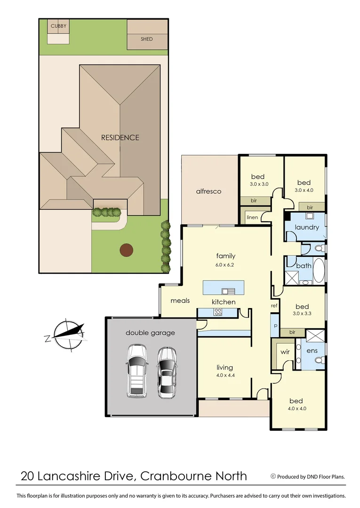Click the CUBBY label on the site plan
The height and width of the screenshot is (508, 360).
[59, 26]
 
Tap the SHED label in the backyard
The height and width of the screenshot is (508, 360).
[147, 39]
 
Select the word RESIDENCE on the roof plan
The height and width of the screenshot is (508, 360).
[120, 138]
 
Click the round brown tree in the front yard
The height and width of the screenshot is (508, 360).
[127, 250]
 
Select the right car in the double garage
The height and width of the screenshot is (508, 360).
[166, 373]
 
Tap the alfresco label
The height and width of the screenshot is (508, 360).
[208, 191]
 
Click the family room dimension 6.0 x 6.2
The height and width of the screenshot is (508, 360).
[225, 265]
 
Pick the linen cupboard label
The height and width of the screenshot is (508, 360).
[252, 217]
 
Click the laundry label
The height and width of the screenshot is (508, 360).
[307, 227]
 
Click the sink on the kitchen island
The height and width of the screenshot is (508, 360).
[230, 290]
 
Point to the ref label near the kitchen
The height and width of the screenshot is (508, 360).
[274, 306]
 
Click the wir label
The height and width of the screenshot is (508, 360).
[285, 351]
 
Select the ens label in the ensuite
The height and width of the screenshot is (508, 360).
[312, 351]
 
